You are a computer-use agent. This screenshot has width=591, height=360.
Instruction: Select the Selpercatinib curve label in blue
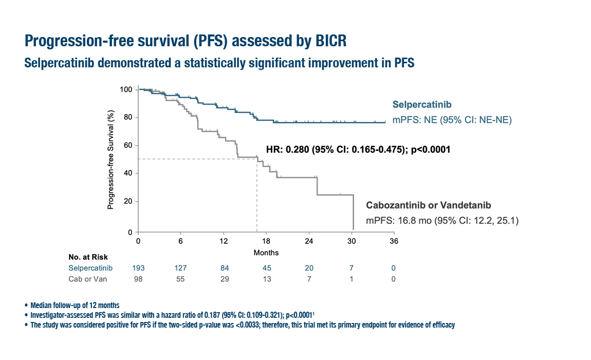pos(422,105)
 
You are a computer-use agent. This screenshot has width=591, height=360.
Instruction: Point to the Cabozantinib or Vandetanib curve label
pos(429,205)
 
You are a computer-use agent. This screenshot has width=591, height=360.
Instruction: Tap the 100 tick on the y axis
pos(126,89)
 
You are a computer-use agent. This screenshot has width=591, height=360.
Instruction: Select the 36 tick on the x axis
pos(394,241)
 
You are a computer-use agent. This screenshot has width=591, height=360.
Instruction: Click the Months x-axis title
pos(266,253)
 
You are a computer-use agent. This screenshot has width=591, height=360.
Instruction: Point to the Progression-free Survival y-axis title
pos(110,161)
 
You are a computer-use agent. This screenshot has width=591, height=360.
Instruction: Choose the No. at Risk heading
pos(88,257)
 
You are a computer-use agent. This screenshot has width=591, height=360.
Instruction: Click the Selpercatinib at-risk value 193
pos(138,268)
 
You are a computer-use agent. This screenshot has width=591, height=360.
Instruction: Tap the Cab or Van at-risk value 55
pos(180,279)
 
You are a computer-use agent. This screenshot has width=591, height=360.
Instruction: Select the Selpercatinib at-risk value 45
pos(266,268)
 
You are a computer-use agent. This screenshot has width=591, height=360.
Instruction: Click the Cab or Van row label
pos(90,279)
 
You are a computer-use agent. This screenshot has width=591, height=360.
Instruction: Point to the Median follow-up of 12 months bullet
pos(75,305)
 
